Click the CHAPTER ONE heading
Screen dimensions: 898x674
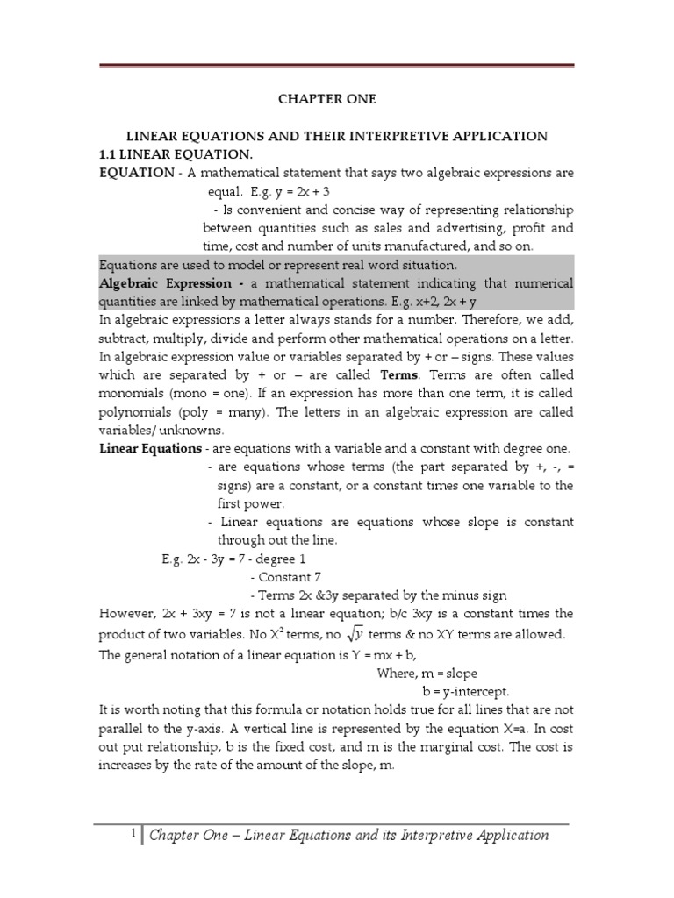[326, 99]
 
